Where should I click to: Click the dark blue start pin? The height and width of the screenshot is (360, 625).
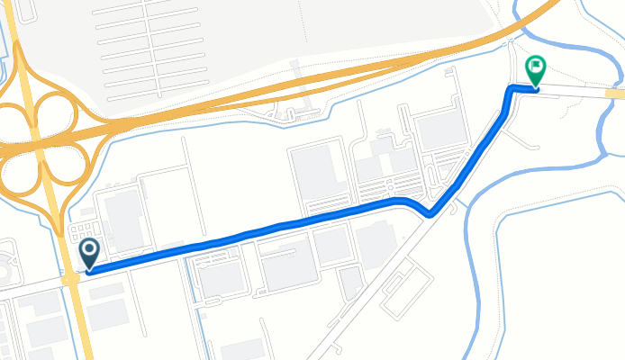coord(89,254)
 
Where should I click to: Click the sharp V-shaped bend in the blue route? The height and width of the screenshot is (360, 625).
coord(430,214)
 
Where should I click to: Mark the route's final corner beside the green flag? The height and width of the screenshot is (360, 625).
coord(512,88)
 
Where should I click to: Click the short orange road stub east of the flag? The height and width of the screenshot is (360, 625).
coord(615,94)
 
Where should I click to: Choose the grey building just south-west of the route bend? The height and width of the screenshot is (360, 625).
coord(376,243)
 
